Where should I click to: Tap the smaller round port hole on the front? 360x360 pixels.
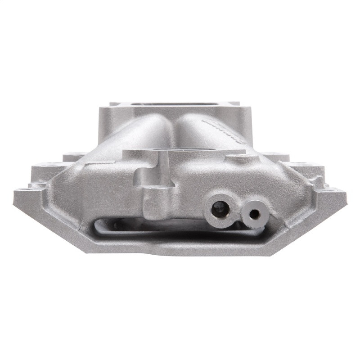point(254,214)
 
